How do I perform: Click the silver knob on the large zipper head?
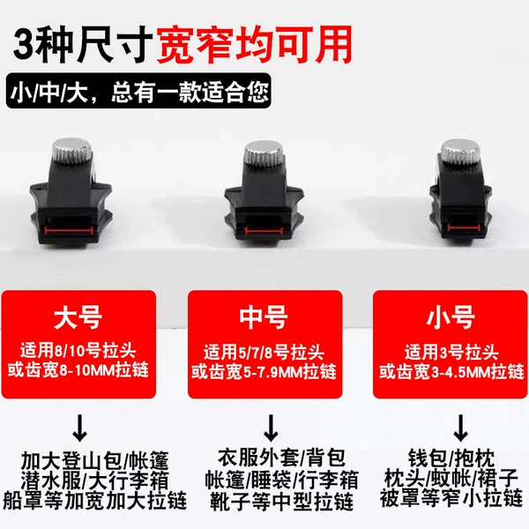click(x=72, y=150)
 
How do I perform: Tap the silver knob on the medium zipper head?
click(x=264, y=153)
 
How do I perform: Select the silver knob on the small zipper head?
click(x=460, y=152)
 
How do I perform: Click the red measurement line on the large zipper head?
click(x=69, y=230)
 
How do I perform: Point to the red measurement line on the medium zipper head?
click(x=264, y=231)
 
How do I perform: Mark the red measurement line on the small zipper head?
click(x=463, y=228)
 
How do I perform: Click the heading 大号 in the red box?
click(x=78, y=317)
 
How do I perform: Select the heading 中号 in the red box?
click(x=264, y=317)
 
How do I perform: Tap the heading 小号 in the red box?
click(x=451, y=317)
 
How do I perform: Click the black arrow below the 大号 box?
click(x=79, y=428)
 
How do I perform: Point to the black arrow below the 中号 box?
click(x=271, y=428)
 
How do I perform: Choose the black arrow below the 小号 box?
click(x=460, y=428)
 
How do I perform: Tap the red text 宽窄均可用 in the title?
click(x=254, y=45)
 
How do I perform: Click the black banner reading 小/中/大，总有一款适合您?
click(x=138, y=91)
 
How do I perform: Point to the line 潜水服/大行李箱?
click(x=94, y=481)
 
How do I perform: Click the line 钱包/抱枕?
click(x=451, y=458)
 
